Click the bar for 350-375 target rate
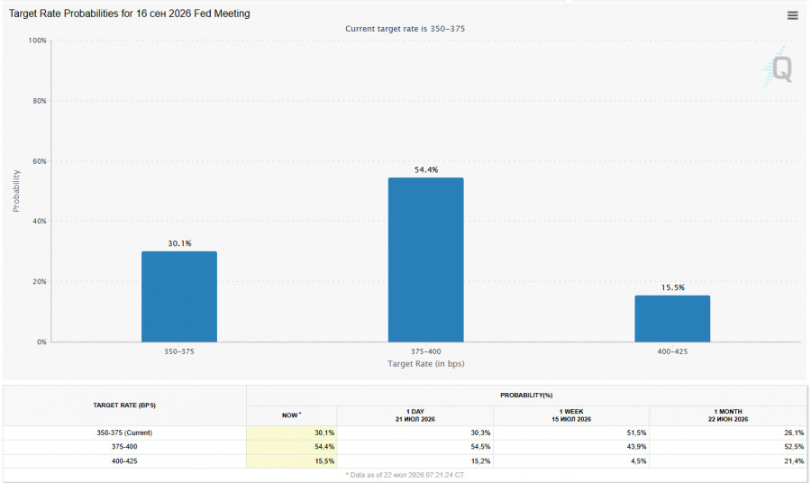coord(179,296)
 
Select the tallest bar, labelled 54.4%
coord(425,260)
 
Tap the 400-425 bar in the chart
coord(672,319)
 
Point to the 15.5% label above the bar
coord(672,287)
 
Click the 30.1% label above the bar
coord(179,243)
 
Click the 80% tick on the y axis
coord(40,101)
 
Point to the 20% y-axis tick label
coord(40,281)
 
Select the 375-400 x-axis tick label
coord(425,351)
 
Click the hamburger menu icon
coord(792,15)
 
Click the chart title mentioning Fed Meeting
coord(129,14)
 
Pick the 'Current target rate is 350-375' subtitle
coord(405,29)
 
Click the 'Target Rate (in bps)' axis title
coord(425,363)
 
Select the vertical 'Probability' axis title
coord(16,191)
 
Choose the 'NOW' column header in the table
coord(292,415)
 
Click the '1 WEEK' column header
coord(571,412)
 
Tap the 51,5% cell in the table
coord(637,433)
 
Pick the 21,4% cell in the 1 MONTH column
coord(794,460)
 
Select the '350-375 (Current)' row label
coord(124,433)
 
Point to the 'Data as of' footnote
coord(405,475)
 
